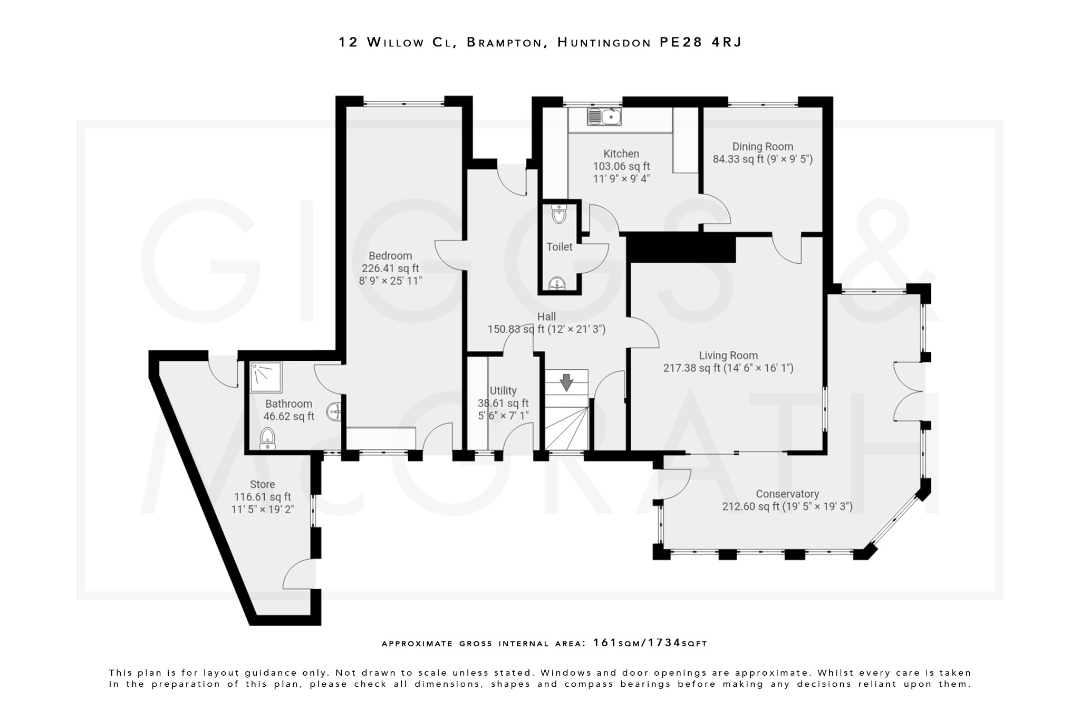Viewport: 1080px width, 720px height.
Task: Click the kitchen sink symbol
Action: pos(604,117)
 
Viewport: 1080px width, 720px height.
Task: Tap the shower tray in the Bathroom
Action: pos(266,377)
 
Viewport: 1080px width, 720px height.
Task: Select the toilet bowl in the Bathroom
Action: pos(268,438)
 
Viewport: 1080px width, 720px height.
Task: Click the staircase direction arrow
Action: pos(566,382)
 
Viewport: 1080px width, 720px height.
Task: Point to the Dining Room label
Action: pos(763,147)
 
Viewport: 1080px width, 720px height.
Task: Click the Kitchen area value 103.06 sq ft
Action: pos(621,166)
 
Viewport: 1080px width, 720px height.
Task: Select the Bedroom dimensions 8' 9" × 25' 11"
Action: pos(390,281)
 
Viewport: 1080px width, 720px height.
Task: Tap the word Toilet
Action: pos(559,247)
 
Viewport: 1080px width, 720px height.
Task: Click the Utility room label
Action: pos(503,390)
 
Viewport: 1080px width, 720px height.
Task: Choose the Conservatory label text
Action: pos(787,494)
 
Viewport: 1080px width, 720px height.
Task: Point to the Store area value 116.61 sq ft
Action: pos(262,497)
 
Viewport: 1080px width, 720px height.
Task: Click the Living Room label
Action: pos(728,356)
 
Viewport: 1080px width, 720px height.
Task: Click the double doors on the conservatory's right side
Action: pos(908,391)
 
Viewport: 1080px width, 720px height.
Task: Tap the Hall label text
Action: pos(546,316)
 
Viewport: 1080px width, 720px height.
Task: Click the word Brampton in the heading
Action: pos(505,42)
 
